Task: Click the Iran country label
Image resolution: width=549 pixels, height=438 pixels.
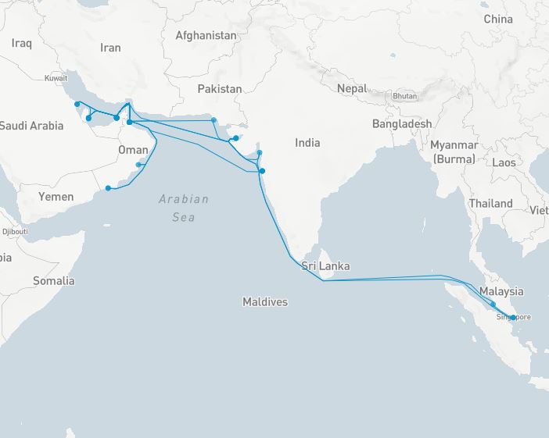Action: (110, 48)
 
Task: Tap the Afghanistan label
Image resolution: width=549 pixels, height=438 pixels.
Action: (206, 36)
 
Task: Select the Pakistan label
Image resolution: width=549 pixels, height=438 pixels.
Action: (219, 89)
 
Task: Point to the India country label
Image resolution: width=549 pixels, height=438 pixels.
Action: (307, 143)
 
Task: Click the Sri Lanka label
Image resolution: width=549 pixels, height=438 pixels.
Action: (325, 266)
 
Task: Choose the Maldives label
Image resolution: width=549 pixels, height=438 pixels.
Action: (264, 301)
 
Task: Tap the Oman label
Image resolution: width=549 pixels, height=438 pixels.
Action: (133, 150)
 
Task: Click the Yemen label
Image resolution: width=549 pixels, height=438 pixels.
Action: (56, 197)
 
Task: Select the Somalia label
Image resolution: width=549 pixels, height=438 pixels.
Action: (54, 281)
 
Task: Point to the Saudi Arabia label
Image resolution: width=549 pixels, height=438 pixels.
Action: (31, 126)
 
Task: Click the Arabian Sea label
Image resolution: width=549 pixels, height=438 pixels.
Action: (184, 208)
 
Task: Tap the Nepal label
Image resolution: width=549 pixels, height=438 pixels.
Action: (352, 88)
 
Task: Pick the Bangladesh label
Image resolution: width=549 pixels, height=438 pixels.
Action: (401, 124)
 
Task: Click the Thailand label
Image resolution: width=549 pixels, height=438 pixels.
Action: (490, 204)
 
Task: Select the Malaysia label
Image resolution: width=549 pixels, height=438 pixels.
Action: (501, 291)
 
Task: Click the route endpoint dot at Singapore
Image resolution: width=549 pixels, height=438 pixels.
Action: (513, 317)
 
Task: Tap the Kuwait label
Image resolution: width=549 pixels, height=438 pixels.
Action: (56, 78)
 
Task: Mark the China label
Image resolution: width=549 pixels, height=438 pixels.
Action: (498, 19)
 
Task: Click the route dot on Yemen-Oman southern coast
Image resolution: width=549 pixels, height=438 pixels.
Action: (108, 188)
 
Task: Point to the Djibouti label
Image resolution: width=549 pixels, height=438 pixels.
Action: (14, 232)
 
